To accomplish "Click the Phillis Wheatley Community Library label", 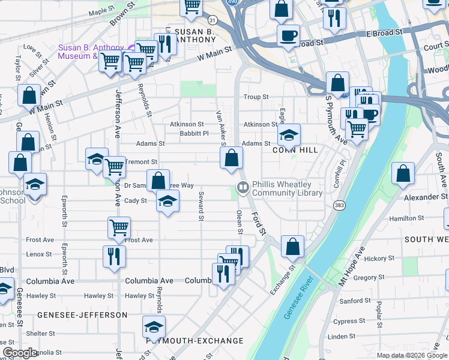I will click(x=287, y=189).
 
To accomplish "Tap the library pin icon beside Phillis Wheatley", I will click(x=243, y=188).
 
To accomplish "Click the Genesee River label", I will click(x=298, y=298).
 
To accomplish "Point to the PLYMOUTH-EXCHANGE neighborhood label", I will click(x=195, y=341).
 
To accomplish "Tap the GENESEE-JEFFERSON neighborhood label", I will click(x=82, y=314).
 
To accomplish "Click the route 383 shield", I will click(x=339, y=205).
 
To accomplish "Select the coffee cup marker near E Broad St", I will click(x=288, y=35).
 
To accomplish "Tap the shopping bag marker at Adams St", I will click(x=231, y=158).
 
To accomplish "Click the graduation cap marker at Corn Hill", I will click(x=289, y=134).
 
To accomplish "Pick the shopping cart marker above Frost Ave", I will click(x=119, y=227).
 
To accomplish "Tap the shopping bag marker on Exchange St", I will click(x=292, y=246).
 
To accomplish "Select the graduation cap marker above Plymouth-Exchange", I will click(x=154, y=327).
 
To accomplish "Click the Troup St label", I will click(x=256, y=97).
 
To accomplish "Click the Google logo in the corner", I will click(x=20, y=353).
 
